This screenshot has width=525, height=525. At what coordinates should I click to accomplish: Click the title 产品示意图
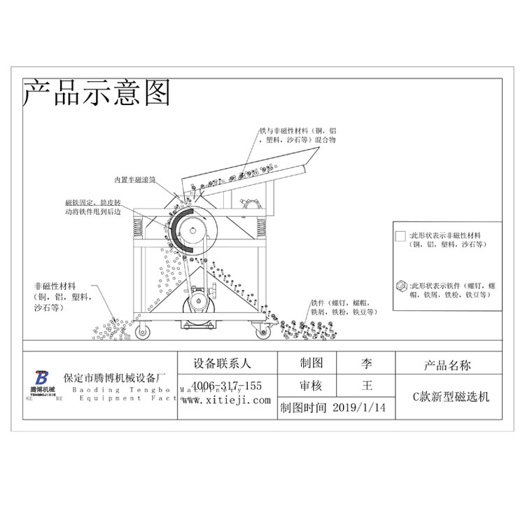click(97, 92)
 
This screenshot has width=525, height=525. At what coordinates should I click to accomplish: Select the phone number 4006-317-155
click(227, 386)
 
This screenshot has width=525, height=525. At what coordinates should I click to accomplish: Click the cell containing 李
click(367, 363)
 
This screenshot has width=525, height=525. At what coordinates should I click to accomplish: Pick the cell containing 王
click(367, 385)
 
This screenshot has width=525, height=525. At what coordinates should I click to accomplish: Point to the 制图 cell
click(311, 363)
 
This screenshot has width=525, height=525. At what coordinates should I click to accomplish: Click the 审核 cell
click(311, 385)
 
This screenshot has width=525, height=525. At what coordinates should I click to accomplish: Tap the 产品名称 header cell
click(447, 365)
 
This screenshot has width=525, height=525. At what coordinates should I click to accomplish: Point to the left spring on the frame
click(138, 225)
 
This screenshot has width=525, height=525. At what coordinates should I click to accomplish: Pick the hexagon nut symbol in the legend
click(400, 286)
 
